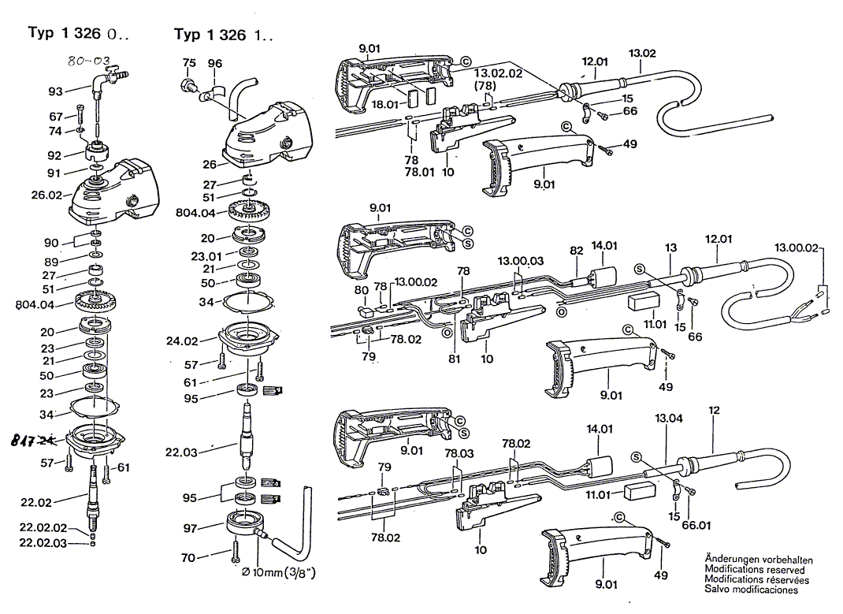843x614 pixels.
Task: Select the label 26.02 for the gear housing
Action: point(46,195)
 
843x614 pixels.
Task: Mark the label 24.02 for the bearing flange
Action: point(182,341)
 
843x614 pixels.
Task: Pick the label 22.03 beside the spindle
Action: point(181,452)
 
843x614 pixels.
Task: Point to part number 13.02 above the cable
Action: point(642,53)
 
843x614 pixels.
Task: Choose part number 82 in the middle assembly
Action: point(577,250)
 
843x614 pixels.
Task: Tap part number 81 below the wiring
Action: point(453,359)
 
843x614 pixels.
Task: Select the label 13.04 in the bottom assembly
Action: point(669,419)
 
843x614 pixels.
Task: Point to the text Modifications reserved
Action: point(754,570)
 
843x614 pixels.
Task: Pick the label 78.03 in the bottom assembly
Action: point(459,453)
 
